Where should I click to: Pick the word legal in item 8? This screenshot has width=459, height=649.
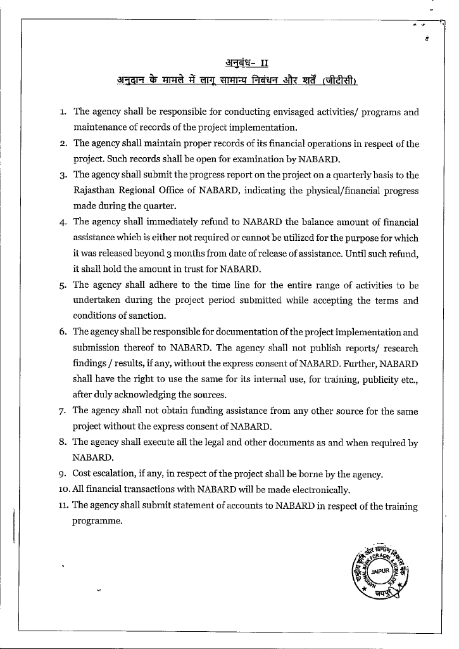pos(190,442)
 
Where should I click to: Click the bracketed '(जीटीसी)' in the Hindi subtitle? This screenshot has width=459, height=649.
pos(340,80)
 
